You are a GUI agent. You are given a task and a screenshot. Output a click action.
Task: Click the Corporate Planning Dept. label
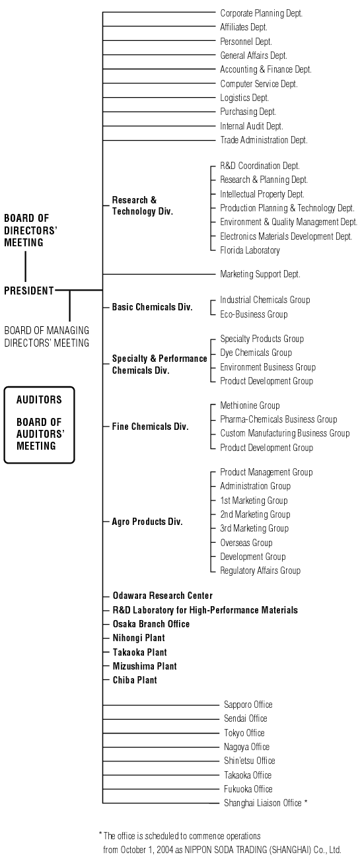coord(261,13)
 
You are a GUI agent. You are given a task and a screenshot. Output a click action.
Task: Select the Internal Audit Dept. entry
coord(252,126)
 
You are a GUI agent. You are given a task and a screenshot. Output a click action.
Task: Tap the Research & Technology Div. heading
coord(143,205)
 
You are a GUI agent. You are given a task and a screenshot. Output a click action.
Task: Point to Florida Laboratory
coord(250,250)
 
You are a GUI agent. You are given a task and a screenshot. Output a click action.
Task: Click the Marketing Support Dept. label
coord(260,274)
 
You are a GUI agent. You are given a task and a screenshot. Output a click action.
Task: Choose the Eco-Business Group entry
coord(254,314)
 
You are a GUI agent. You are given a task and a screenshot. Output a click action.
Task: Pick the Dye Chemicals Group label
coord(256,353)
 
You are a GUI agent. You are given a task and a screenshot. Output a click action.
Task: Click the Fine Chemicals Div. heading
coord(150,427)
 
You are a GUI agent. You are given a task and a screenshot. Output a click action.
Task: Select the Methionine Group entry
coord(250,405)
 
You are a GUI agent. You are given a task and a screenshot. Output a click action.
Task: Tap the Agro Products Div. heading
coord(147,522)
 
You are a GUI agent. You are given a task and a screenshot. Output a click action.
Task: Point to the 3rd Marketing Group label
coord(254,528)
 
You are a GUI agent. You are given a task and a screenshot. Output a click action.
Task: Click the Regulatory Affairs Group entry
coord(260,571)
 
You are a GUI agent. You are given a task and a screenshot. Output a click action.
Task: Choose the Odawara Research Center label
coord(162,596)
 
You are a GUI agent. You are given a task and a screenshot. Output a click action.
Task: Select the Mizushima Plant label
coord(145,666)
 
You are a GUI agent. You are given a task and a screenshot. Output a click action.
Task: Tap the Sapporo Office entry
coord(248,705)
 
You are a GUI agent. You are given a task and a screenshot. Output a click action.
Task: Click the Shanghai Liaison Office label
coord(263,803)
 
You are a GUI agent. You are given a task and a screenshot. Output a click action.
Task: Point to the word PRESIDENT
coord(29,291)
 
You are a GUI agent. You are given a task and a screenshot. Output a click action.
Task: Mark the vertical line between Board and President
coord(26,267)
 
